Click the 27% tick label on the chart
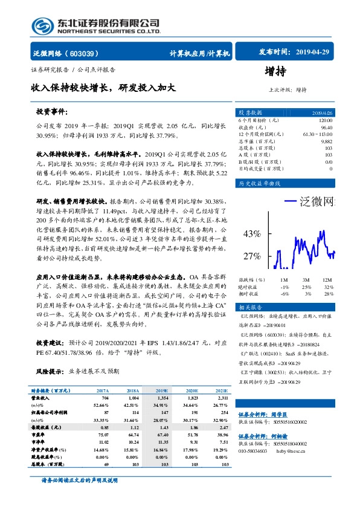(x=251, y=256)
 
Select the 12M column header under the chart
(x=326, y=280)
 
